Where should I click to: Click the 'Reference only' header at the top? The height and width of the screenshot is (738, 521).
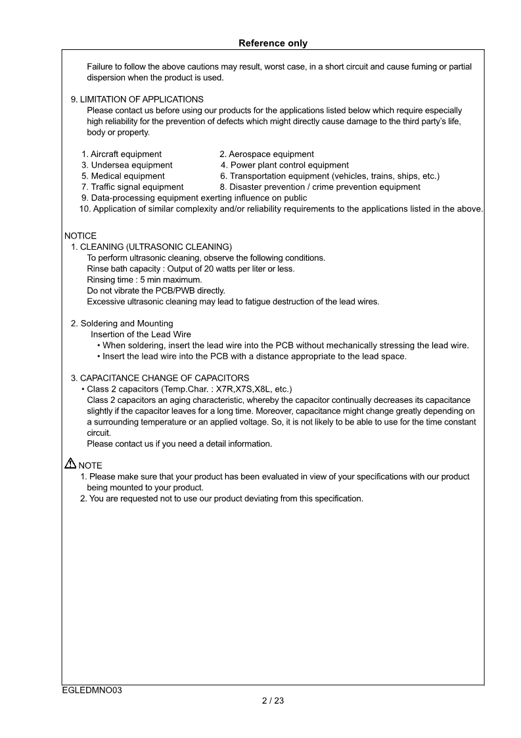[273, 43]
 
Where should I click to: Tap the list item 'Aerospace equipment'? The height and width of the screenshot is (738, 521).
[267, 154]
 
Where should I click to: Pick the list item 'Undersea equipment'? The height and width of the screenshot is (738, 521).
[127, 165]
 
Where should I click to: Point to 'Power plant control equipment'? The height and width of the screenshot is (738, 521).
[284, 165]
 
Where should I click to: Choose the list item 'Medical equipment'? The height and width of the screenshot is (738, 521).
[123, 176]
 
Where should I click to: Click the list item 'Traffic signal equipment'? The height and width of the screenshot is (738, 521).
[133, 187]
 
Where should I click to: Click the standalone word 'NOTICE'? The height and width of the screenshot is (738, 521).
[80, 236]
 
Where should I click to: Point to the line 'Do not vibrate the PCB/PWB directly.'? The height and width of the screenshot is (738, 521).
[156, 290]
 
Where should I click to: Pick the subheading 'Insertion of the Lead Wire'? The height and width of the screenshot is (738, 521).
[141, 334]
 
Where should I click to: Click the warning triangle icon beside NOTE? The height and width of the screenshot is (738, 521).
[70, 464]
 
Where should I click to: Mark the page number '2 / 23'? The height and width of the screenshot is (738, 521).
[273, 701]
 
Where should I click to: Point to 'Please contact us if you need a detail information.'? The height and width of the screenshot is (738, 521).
[179, 444]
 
